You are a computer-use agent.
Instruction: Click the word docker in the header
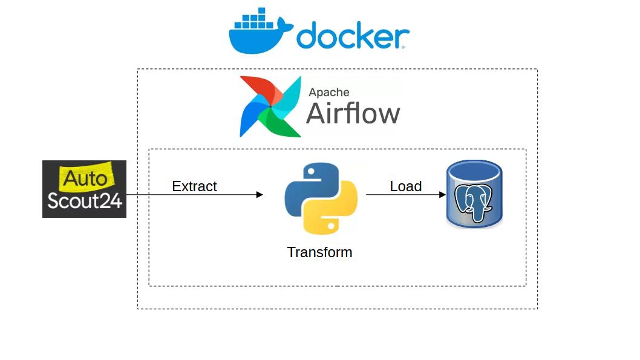(352, 36)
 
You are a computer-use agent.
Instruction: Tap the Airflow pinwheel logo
(270, 106)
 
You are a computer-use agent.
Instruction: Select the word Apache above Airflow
(329, 92)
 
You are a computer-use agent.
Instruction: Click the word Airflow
(353, 113)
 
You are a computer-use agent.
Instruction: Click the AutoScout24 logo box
(84, 189)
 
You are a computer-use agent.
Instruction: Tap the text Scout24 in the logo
(85, 201)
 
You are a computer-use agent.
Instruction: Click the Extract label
(194, 186)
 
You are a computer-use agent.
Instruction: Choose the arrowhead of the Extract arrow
(260, 195)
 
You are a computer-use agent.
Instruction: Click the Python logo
(321, 198)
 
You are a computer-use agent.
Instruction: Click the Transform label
(319, 252)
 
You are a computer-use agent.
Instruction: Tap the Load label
(405, 186)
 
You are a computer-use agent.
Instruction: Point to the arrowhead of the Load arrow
(442, 195)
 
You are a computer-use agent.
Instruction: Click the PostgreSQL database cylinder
(474, 194)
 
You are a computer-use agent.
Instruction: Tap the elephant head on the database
(475, 203)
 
